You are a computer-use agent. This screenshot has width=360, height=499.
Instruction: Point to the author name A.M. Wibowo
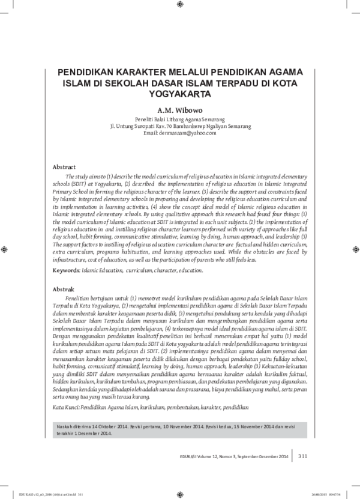180,111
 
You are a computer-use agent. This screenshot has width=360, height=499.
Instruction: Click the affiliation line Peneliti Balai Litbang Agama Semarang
180,120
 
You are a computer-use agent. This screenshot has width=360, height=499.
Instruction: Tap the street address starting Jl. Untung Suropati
180,127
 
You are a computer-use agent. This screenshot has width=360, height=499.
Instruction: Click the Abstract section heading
64,166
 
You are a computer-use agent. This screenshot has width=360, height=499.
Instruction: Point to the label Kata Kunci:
67,390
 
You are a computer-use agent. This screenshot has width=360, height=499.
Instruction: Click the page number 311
302,456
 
